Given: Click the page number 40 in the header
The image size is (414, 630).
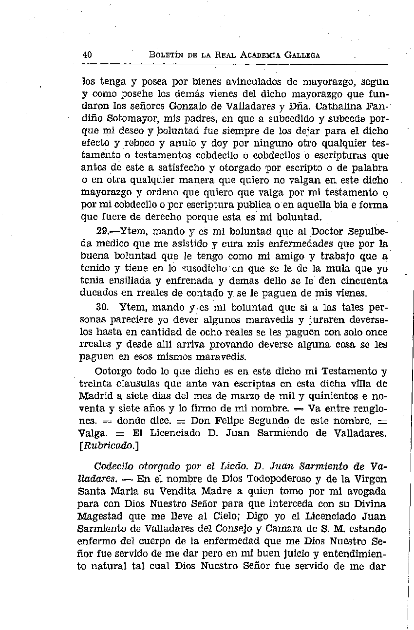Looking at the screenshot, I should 88,55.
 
